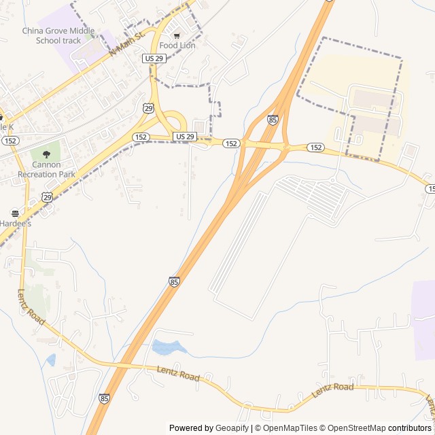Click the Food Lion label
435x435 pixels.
pos(177,46)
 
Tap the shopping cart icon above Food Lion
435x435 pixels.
pos(177,35)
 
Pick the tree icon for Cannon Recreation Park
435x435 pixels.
pos(46,154)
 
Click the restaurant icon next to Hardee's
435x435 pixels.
pos(15,213)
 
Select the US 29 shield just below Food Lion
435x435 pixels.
pos(154,59)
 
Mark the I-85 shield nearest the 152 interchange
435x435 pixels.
pos(273,120)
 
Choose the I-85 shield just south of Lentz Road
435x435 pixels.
pos(103,398)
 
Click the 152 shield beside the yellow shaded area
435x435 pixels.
pos(315,147)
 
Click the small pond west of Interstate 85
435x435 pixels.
pos(51,360)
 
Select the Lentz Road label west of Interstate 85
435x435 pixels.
pos(31,307)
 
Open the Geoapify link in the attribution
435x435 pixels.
pos(233,428)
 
